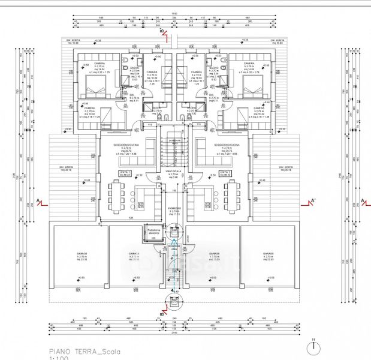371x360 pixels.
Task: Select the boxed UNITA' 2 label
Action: tap(225, 174)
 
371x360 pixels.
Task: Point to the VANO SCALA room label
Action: tap(173, 171)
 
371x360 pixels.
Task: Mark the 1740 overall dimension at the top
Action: tap(174, 14)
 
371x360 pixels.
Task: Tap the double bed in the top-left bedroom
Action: tap(101, 81)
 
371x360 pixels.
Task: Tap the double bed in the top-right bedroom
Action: tap(248, 81)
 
